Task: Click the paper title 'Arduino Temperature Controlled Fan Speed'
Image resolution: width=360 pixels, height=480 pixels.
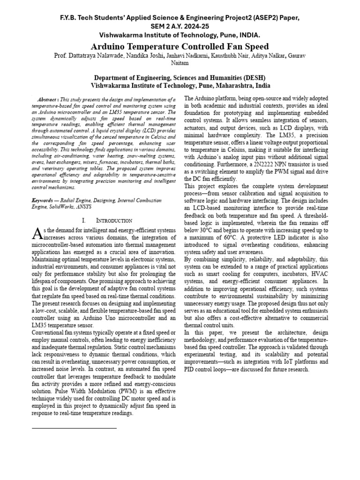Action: (180, 46)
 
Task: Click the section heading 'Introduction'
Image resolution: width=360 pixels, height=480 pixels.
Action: (111, 220)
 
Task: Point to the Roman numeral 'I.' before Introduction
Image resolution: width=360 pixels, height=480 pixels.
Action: (84, 220)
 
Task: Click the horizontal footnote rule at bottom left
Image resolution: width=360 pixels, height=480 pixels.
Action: (74, 428)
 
